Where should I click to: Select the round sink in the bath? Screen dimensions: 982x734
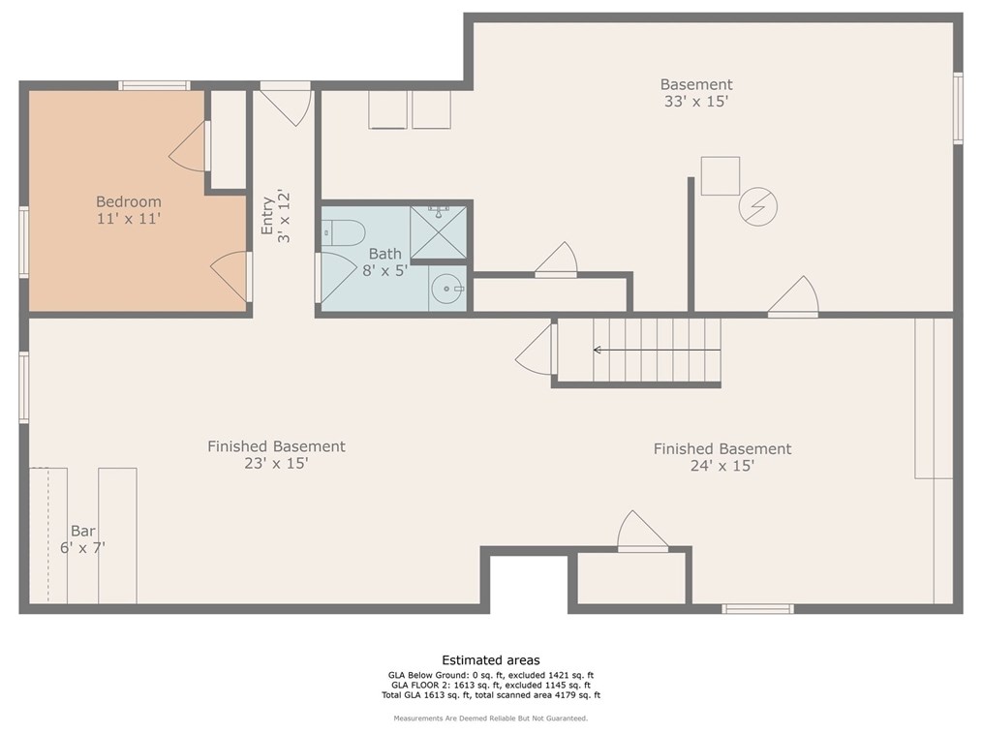pyautogui.click(x=447, y=289)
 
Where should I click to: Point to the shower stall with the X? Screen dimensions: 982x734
pyautogui.click(x=439, y=232)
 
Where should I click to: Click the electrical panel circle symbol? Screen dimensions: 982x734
pyautogui.click(x=757, y=206)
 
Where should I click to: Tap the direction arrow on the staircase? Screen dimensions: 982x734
pyautogui.click(x=657, y=351)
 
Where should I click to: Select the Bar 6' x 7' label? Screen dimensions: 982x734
pyautogui.click(x=82, y=539)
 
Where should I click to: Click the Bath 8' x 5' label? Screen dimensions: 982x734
pyautogui.click(x=385, y=262)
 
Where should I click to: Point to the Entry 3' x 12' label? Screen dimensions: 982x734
pyautogui.click(x=276, y=216)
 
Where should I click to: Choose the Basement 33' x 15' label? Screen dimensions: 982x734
pyautogui.click(x=696, y=93)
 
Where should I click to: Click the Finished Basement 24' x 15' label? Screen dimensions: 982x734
pyautogui.click(x=722, y=457)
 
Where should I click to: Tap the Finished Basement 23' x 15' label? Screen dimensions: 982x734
pyautogui.click(x=276, y=455)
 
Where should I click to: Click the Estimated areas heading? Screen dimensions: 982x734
pyautogui.click(x=491, y=660)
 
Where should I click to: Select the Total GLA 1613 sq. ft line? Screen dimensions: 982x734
pyautogui.click(x=491, y=695)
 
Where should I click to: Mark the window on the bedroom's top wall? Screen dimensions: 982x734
pyautogui.click(x=154, y=86)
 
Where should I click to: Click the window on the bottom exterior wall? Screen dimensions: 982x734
pyautogui.click(x=757, y=609)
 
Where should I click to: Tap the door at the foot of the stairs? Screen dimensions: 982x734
pyautogui.click(x=537, y=350)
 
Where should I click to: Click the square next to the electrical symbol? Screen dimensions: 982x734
pyautogui.click(x=721, y=176)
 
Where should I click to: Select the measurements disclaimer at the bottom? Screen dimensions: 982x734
pyautogui.click(x=491, y=719)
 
